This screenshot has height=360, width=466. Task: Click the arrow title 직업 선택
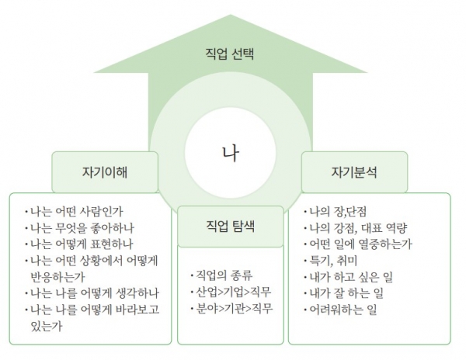point(230,54)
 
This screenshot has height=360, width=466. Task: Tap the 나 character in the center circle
point(231,153)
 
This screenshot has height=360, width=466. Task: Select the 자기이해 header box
point(105,172)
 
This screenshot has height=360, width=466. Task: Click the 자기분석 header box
point(355,172)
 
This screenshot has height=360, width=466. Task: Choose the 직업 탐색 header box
point(231,227)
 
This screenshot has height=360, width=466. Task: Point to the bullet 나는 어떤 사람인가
point(74,212)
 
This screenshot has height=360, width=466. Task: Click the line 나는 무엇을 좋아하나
point(79,228)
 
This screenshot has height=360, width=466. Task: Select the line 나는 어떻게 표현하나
point(78,244)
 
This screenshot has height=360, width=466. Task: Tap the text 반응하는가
point(58,277)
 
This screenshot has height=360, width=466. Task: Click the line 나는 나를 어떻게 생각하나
point(92,293)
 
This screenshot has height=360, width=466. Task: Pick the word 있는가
point(47,326)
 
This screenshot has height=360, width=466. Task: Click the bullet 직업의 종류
point(221,275)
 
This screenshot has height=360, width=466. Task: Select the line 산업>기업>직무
point(231,292)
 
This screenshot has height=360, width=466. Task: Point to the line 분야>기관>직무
point(231,309)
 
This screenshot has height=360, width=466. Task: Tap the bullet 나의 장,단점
point(335,212)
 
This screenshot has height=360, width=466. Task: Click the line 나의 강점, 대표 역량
point(356,228)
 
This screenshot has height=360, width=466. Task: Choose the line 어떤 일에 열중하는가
point(358,244)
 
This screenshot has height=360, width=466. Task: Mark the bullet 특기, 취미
point(331,261)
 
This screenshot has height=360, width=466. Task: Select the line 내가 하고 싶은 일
point(348,277)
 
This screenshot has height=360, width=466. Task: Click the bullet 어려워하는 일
point(340,310)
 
